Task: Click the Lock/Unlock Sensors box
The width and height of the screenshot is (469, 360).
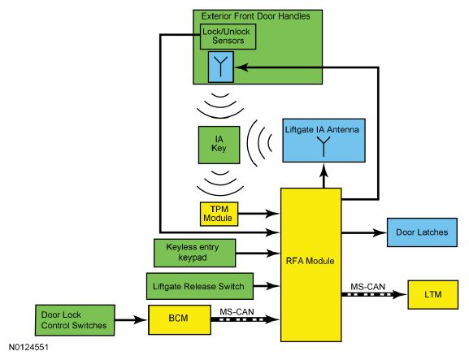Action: [228, 37]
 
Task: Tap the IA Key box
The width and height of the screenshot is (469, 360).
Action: [219, 145]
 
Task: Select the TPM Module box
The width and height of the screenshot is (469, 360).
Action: [219, 214]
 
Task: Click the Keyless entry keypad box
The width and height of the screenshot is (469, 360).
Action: [195, 253]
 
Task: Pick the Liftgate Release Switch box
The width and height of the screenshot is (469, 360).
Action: [200, 286]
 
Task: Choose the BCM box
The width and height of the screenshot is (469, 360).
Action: [180, 319]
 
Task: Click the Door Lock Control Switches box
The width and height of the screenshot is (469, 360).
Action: [75, 320]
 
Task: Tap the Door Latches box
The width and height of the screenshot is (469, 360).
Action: [422, 232]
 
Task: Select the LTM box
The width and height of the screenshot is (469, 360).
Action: [432, 294]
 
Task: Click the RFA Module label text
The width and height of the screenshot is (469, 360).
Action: [310, 261]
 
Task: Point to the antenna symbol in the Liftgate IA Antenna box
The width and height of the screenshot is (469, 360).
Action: [324, 146]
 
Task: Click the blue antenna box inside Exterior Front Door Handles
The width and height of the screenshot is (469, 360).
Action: [221, 67]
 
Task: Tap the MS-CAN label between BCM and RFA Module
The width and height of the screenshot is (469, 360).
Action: [237, 312]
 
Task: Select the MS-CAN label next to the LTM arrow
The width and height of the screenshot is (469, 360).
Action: [368, 287]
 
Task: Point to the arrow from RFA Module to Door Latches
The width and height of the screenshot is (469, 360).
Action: [364, 232]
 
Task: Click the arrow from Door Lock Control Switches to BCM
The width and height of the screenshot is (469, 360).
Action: [131, 320]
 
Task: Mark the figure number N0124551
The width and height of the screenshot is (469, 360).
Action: [28, 347]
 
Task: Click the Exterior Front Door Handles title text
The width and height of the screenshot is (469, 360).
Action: [256, 16]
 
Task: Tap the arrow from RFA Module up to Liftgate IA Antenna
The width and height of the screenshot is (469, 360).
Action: [324, 176]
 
